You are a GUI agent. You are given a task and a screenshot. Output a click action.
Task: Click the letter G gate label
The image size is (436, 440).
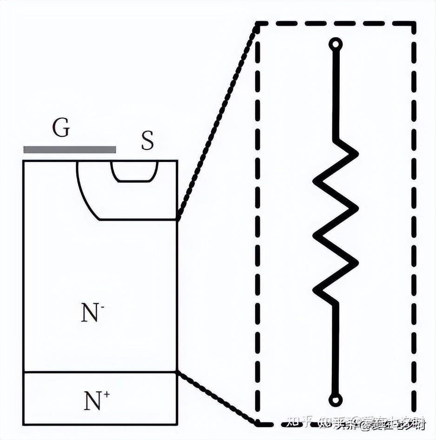point(61,128)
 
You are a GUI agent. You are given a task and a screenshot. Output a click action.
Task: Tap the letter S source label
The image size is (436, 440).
point(147,140)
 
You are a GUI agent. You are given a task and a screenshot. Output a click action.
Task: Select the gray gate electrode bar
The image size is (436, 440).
point(70,149)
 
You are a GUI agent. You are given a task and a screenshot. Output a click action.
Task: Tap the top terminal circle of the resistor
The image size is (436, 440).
point(335,44)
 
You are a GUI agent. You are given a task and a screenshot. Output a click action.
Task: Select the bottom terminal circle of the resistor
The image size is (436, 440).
point(335,400)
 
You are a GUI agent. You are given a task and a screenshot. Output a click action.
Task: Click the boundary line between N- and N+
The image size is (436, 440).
point(100,372)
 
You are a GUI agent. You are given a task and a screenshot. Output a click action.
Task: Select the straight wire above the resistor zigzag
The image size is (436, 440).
point(335,93)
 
